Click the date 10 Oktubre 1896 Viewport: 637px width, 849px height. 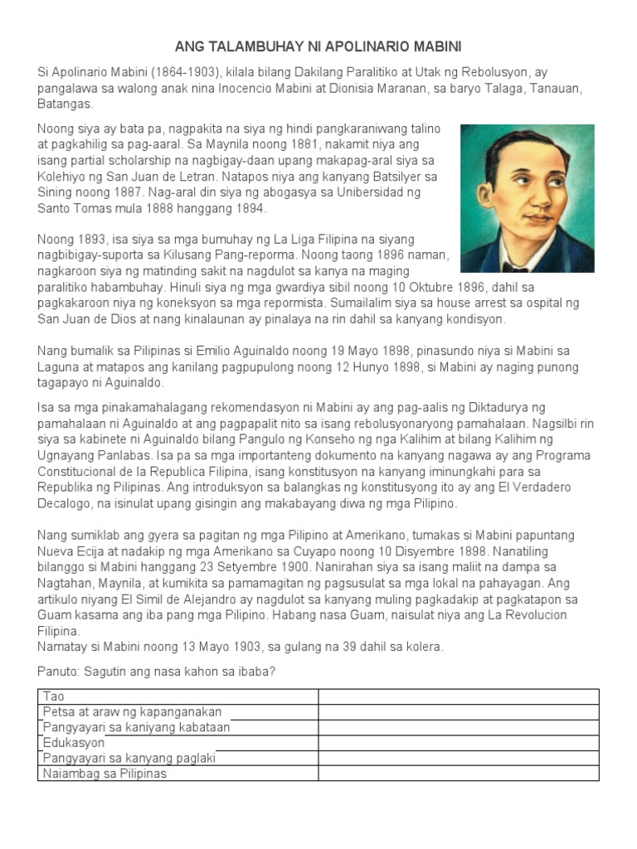point(357,287)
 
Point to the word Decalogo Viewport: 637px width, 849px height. point(66,503)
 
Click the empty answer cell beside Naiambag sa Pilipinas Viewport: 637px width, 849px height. point(458,774)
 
